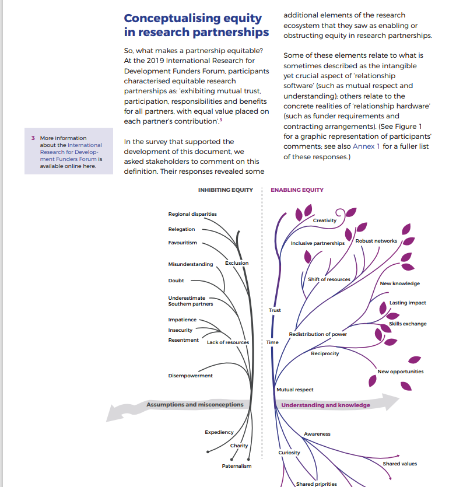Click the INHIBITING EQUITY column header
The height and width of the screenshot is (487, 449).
pyautogui.click(x=226, y=190)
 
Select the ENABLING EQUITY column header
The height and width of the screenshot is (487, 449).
pyautogui.click(x=297, y=190)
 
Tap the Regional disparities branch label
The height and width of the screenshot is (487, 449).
pyautogui.click(x=192, y=214)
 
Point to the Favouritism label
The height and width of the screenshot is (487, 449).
pyautogui.click(x=183, y=243)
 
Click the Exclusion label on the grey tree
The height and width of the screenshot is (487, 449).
pyautogui.click(x=237, y=263)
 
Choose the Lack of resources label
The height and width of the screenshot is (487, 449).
pyautogui.click(x=228, y=342)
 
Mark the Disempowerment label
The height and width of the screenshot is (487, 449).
pyautogui.click(x=191, y=376)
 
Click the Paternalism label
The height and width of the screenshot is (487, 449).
pyautogui.click(x=237, y=466)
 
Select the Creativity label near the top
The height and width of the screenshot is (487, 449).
pyautogui.click(x=325, y=220)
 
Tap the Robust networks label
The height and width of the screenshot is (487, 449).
pyautogui.click(x=376, y=241)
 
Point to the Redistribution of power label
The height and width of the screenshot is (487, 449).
pyautogui.click(x=318, y=334)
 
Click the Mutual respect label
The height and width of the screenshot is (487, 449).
pyautogui.click(x=295, y=390)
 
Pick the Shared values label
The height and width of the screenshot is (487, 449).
pyautogui.click(x=400, y=464)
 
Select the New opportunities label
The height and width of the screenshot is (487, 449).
pyautogui.click(x=401, y=372)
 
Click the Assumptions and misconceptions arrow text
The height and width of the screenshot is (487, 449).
pyautogui.click(x=195, y=404)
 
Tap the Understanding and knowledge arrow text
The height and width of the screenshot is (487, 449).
pyautogui.click(x=325, y=405)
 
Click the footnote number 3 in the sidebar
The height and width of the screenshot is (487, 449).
pyautogui.click(x=33, y=138)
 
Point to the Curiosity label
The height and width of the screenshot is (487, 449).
pyautogui.click(x=289, y=453)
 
